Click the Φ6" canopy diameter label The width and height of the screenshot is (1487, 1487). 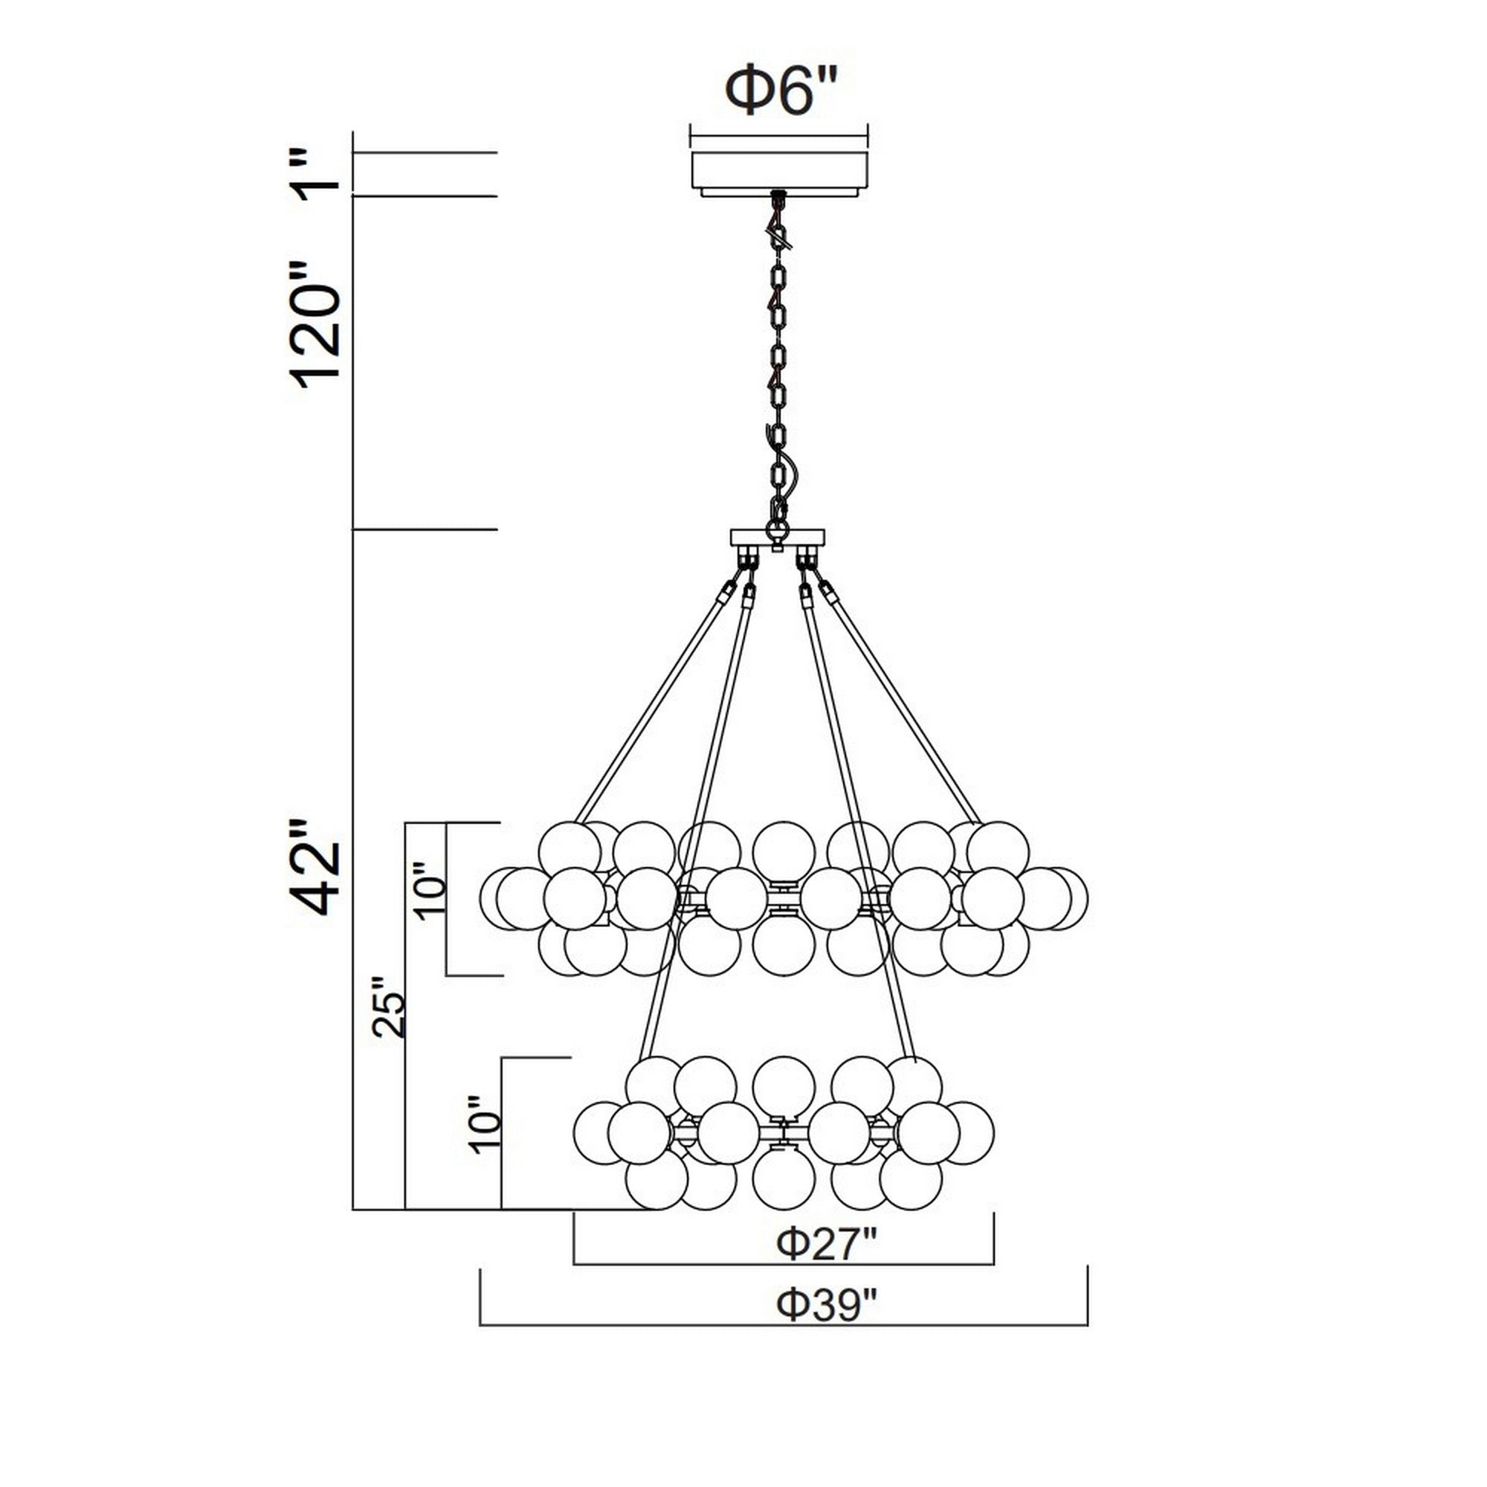[x=780, y=91]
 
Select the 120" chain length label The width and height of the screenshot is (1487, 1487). [x=316, y=324]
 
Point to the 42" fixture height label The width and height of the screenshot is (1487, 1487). [x=316, y=868]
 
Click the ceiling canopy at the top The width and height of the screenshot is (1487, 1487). [x=779, y=171]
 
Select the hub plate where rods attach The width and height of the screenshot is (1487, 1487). [x=778, y=537]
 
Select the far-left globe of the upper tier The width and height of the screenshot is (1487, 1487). [x=509, y=898]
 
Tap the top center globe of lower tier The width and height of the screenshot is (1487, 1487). [x=784, y=1086]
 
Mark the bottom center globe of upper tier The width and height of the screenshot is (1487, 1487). [x=784, y=946]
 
